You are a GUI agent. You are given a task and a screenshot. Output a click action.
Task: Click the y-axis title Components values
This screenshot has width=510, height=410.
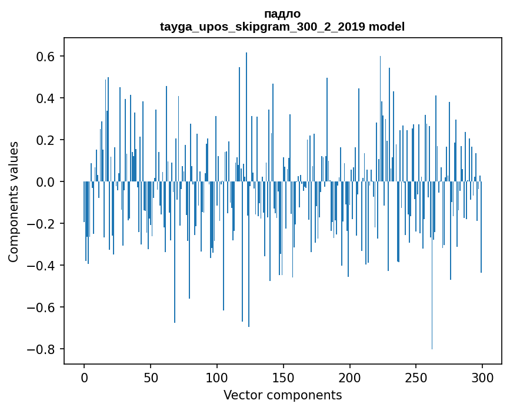[x=14, y=201]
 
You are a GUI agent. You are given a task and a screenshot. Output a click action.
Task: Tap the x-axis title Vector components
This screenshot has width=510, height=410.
[x=282, y=395]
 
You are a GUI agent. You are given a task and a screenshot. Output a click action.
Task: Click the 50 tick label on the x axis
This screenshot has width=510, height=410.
[x=151, y=377]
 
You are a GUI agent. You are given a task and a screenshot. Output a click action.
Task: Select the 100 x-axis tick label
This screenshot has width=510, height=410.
[x=217, y=377]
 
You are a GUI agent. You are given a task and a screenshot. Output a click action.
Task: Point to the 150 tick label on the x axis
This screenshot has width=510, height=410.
[x=284, y=377]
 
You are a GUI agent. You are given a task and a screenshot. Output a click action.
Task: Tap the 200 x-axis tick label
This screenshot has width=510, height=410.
[x=350, y=377]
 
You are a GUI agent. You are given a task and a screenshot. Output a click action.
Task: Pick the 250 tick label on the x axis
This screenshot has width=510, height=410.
[x=416, y=377]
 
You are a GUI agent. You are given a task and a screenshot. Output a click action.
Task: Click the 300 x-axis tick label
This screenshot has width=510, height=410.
[x=482, y=377]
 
